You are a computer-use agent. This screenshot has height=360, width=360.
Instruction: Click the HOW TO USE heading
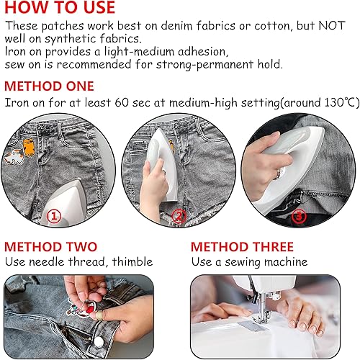click(60, 7)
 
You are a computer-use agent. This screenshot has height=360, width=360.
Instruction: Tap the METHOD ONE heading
click(49, 86)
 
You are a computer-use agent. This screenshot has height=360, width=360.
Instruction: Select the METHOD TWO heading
click(50, 247)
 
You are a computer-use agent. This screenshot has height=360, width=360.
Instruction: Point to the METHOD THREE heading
click(242, 247)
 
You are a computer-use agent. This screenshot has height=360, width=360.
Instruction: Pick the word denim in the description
click(176, 26)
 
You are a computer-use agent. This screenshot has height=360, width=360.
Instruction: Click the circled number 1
click(54, 216)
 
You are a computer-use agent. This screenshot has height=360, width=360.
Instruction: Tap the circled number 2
click(179, 216)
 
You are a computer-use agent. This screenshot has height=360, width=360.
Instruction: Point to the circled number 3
click(299, 216)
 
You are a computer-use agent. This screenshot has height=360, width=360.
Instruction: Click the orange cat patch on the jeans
click(29, 148)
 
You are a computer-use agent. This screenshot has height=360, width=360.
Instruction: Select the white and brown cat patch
click(14, 156)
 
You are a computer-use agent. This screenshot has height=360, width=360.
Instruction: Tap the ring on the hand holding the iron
click(279, 174)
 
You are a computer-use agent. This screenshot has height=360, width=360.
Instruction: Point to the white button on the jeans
click(98, 341)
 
